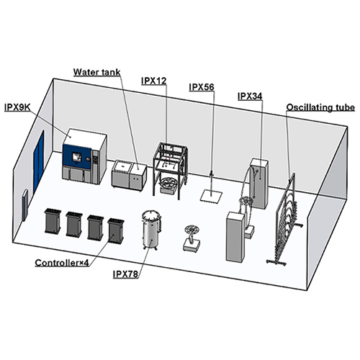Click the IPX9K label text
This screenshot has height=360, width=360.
pos(17,108)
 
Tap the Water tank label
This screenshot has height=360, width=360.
pos(96,72)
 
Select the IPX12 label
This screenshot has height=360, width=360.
pos(154,81)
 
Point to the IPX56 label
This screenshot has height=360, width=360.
pos(202,87)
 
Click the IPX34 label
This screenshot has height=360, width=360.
pos(250,96)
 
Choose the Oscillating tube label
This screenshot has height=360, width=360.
pos(320,107)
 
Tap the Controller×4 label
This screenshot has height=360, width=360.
pos(62,263)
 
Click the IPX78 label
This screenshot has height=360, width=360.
pos(125,274)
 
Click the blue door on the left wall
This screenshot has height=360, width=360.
pos(39,160)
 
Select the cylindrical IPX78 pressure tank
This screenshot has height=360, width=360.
pos(151,230)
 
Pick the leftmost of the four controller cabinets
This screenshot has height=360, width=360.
pos(53,221)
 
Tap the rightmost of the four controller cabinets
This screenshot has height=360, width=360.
pos(116,230)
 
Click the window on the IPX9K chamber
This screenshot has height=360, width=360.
pos(77,157)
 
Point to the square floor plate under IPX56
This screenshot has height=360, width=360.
pos(212,194)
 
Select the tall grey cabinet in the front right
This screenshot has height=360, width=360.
pos(235,236)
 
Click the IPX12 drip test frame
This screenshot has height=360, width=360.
pos(171,171)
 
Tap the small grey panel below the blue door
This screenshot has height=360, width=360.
pos(25,204)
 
